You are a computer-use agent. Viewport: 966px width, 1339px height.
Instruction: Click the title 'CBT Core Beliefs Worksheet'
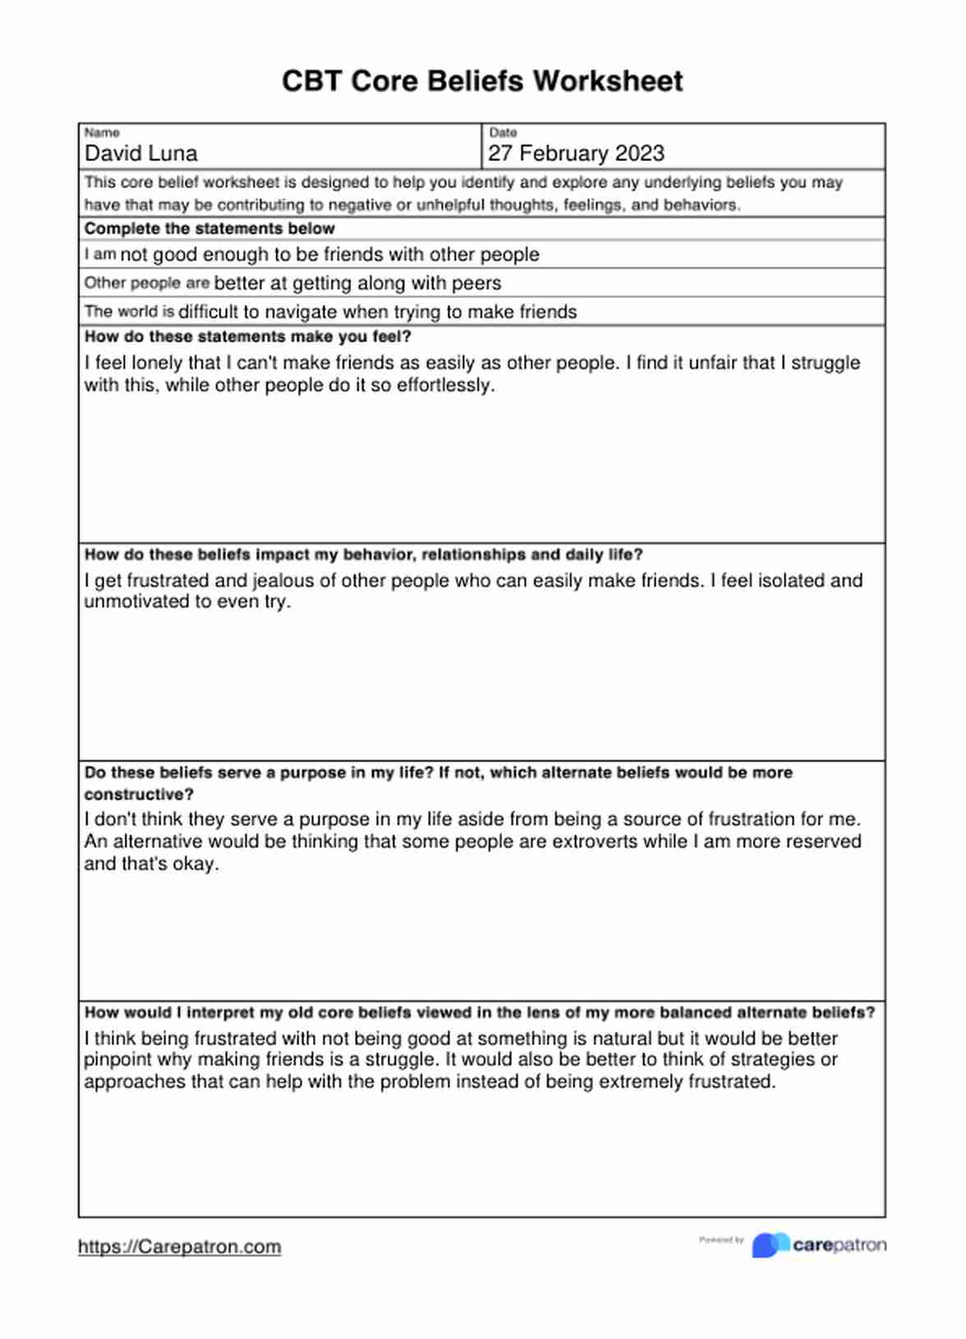point(482,81)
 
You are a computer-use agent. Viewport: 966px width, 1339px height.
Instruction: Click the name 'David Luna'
point(141,154)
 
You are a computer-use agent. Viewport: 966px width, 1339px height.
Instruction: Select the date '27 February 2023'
point(576,154)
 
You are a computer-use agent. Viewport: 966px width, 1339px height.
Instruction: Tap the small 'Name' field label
point(102,132)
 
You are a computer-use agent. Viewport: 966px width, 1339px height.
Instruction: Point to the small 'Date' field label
point(503,132)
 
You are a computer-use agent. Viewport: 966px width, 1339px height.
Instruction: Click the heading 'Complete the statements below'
point(209,228)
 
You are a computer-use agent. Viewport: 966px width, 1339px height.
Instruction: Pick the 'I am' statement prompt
point(100,255)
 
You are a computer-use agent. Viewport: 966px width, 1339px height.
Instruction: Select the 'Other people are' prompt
point(147,283)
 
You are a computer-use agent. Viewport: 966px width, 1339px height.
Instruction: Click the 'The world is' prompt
point(129,312)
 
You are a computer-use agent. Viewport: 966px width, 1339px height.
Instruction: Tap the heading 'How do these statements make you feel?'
point(247,337)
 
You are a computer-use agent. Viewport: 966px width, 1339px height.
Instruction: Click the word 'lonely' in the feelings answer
point(159,363)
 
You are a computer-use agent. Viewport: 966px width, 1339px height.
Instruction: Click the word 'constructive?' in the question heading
point(139,795)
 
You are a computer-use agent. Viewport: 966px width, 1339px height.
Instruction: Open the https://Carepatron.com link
point(179,1247)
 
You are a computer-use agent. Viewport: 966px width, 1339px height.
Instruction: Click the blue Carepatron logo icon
point(769,1245)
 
